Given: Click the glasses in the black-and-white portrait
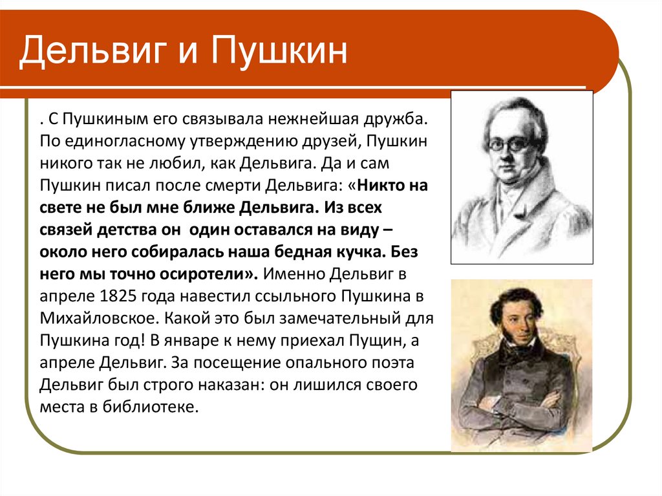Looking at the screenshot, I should point(511,144).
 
